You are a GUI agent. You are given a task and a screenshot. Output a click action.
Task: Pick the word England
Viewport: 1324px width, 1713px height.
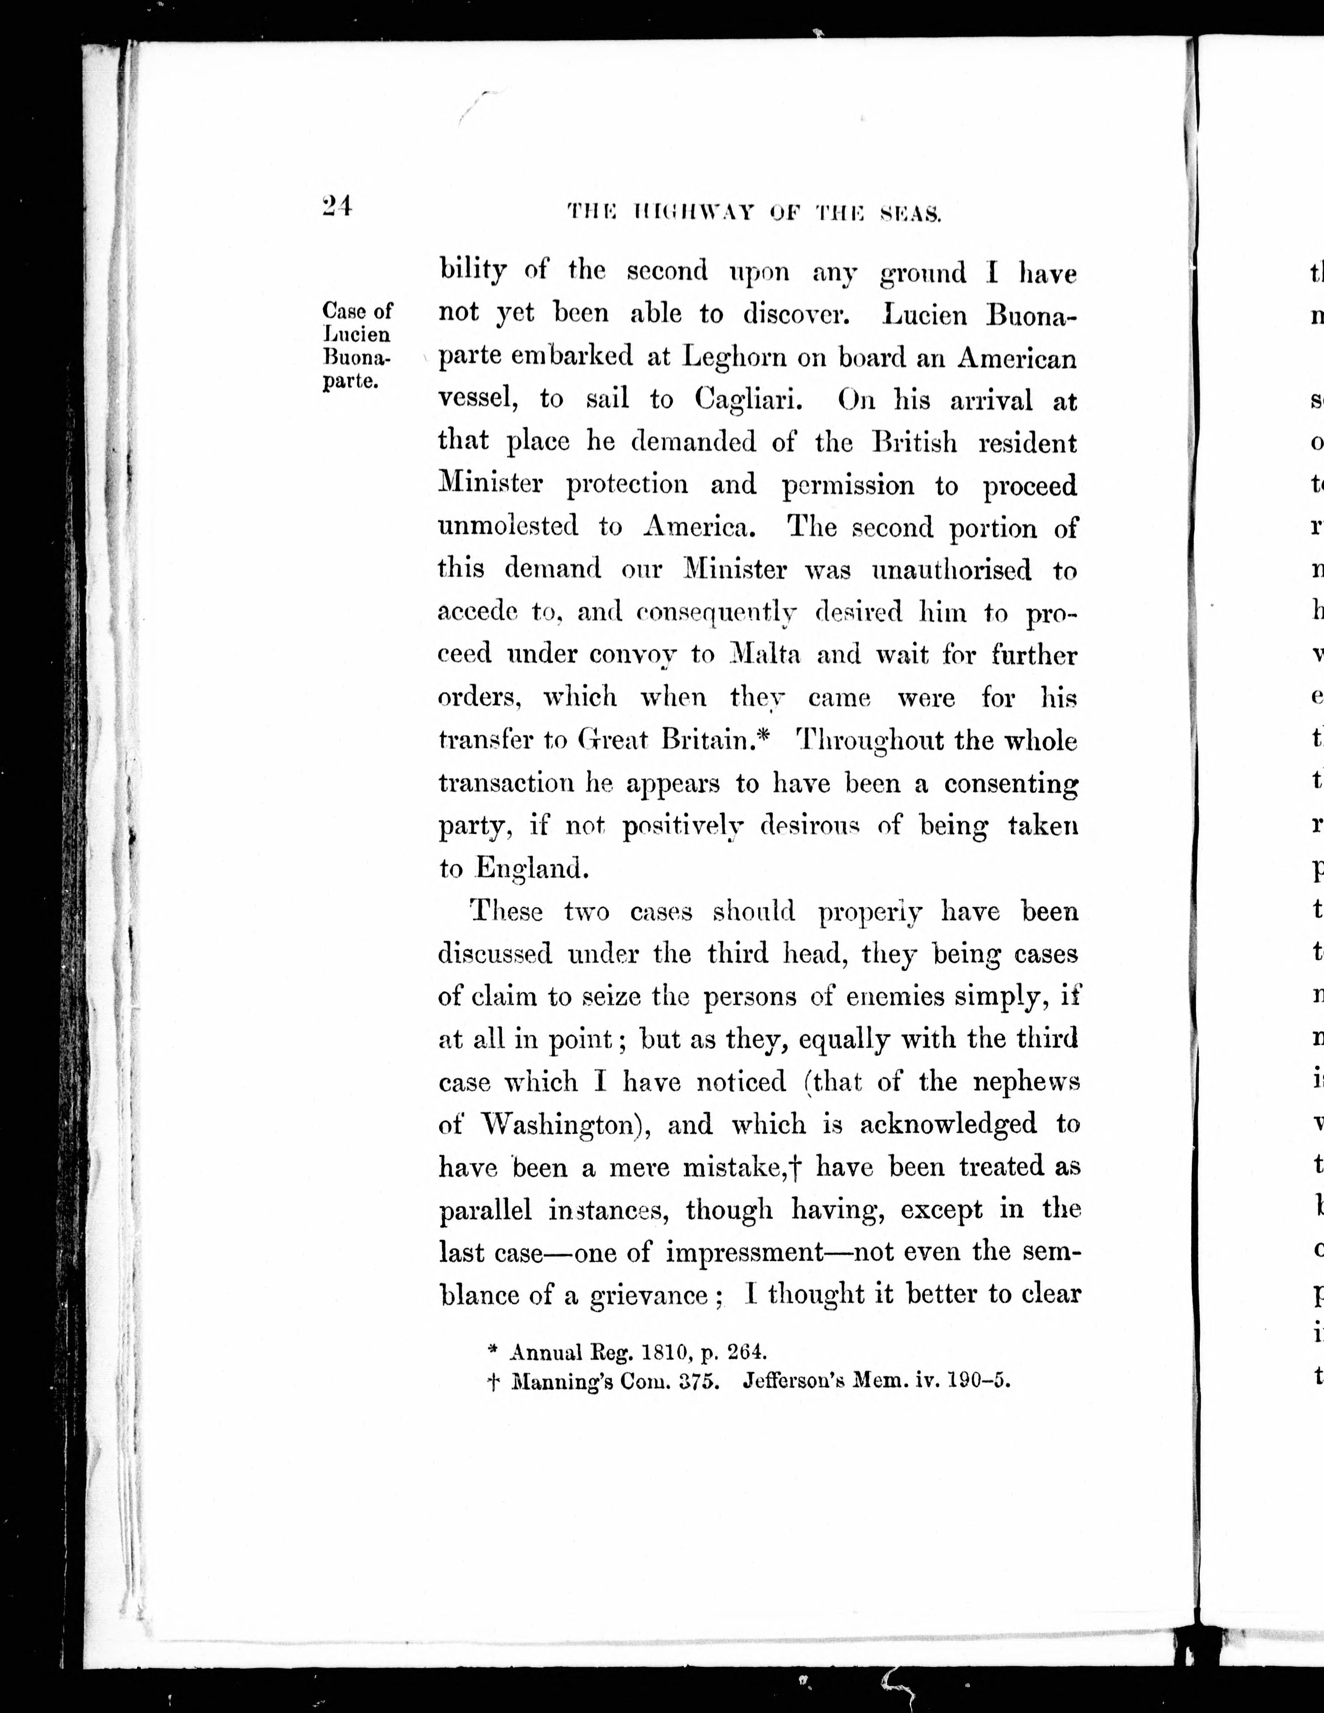[531, 868]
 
